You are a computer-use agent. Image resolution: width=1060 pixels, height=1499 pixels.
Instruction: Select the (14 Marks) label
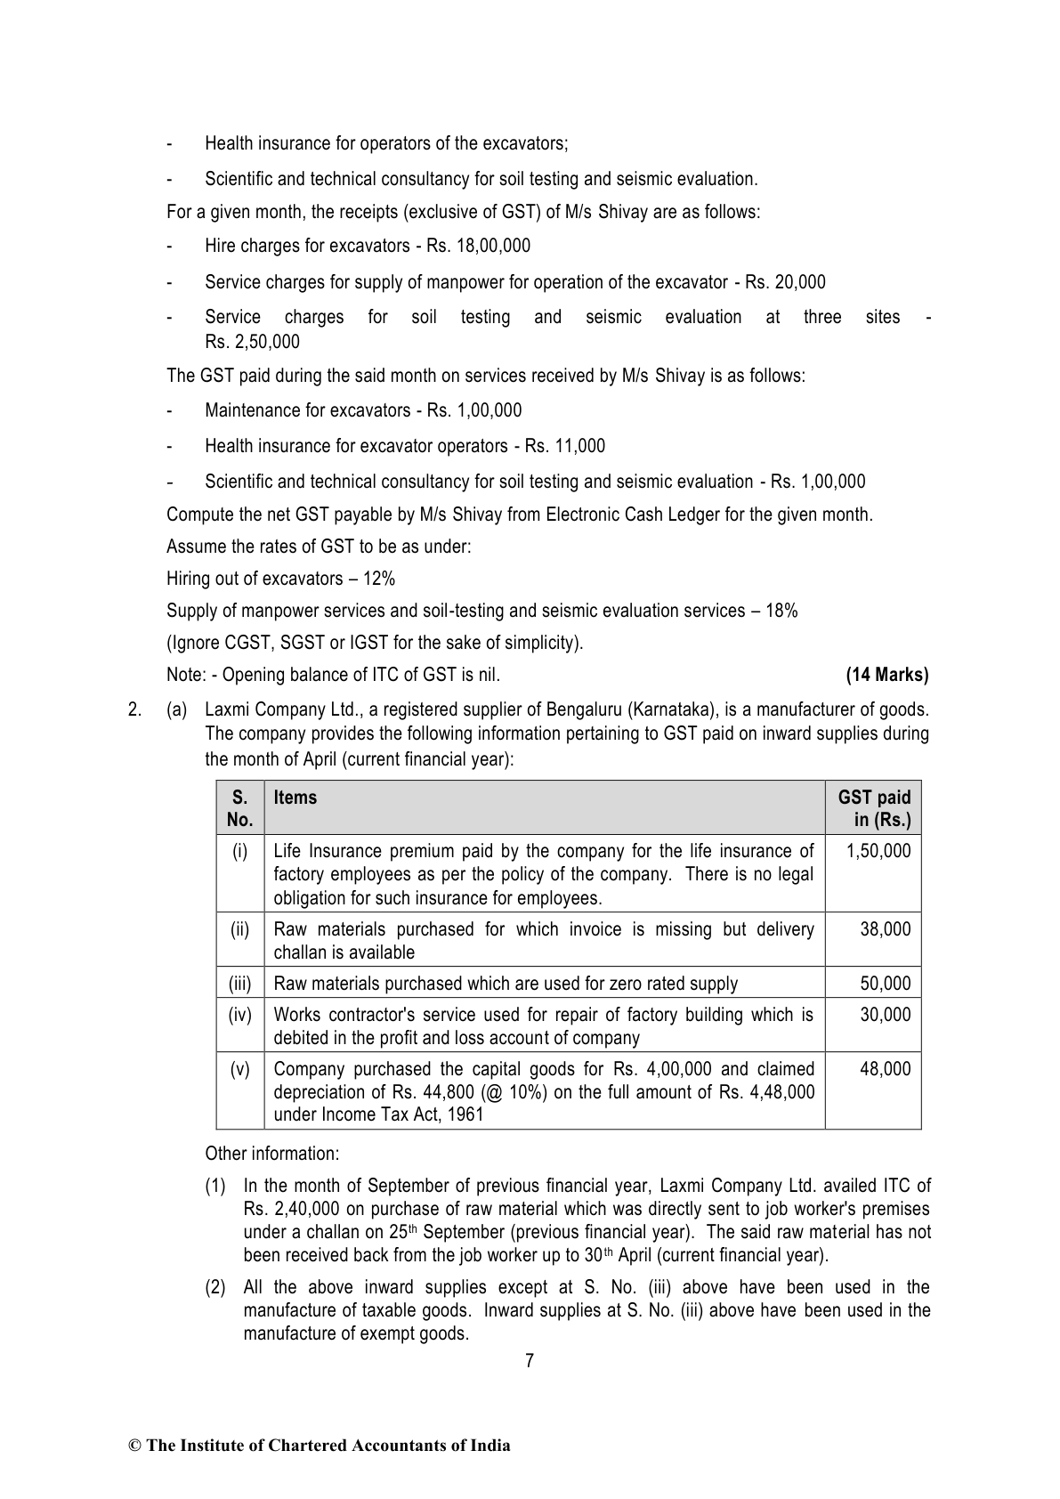coord(886,675)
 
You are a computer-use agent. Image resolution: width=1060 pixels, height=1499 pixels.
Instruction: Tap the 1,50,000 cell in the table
coord(878,851)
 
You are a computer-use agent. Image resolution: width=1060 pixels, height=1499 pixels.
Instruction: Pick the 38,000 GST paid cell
coord(886,929)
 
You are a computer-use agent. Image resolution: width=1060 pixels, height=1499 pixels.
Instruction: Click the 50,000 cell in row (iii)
coord(886,984)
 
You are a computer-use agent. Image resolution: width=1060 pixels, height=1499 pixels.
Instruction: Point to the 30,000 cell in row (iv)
coord(886,1015)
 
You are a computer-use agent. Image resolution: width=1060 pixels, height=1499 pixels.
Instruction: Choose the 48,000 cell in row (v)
coord(886,1069)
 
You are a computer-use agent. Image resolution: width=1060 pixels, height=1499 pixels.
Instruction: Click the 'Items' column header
coord(295,798)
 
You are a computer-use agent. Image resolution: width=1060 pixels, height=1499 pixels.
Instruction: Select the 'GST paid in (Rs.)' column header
coord(875,808)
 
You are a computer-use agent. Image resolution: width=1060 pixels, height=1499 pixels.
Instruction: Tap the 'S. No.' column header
coord(240,808)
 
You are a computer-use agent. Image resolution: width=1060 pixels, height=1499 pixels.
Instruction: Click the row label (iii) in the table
coord(240,984)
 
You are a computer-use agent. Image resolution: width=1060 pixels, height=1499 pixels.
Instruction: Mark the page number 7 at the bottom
coord(530,1360)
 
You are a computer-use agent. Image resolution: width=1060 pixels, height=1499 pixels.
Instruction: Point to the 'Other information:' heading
coord(271,1154)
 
